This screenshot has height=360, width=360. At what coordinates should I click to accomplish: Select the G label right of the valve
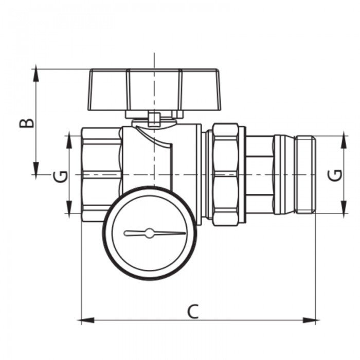pyautogui.click(x=335, y=175)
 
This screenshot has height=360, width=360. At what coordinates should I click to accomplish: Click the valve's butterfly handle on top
pyautogui.click(x=154, y=90)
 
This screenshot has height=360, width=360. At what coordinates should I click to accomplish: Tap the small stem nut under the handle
pyautogui.click(x=153, y=119)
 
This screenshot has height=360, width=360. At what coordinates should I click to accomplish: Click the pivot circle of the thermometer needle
pyautogui.click(x=149, y=233)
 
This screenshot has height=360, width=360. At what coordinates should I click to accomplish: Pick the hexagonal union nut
pyautogui.click(x=225, y=174)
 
